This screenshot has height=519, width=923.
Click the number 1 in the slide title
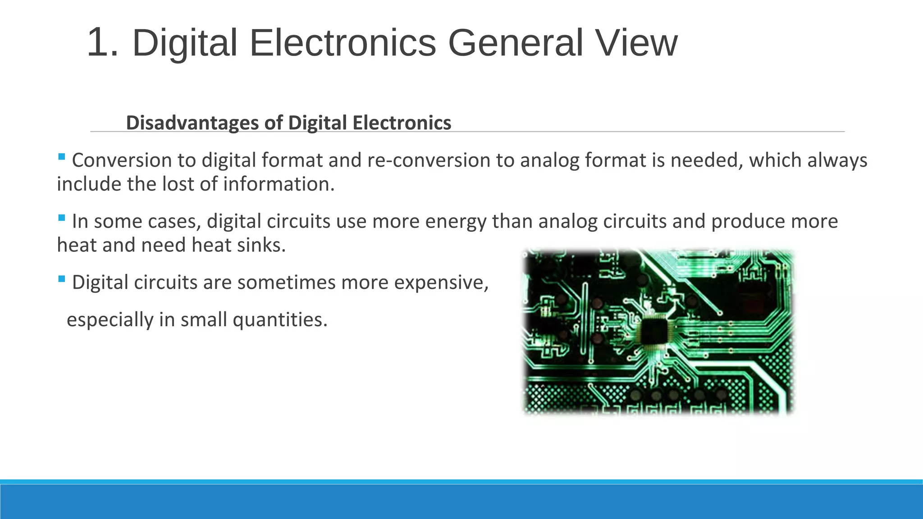tap(101, 43)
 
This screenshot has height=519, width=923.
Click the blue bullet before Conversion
tap(62, 157)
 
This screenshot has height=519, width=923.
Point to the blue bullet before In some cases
tap(62, 218)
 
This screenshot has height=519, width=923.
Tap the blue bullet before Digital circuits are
tap(62, 279)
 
